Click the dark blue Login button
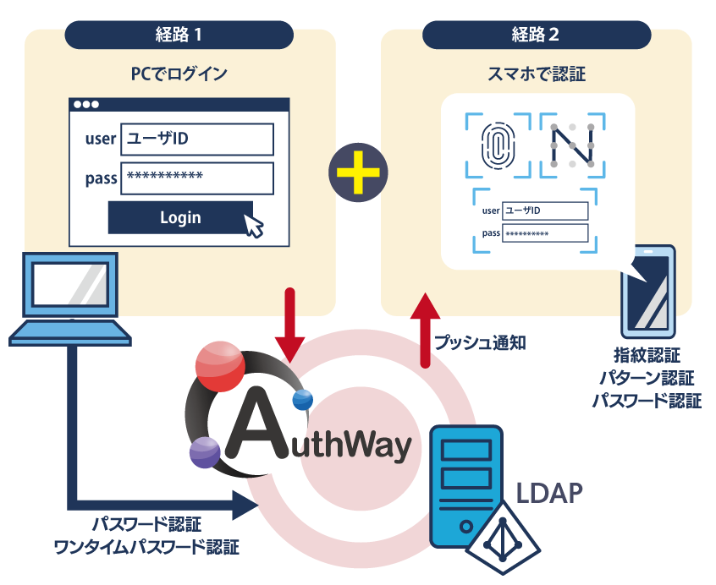180,217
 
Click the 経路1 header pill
179,35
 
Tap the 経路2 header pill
536,35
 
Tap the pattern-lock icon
571,145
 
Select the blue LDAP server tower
465,486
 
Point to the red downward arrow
289,326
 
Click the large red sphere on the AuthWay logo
219,366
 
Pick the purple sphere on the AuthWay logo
205,453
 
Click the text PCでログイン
179,74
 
